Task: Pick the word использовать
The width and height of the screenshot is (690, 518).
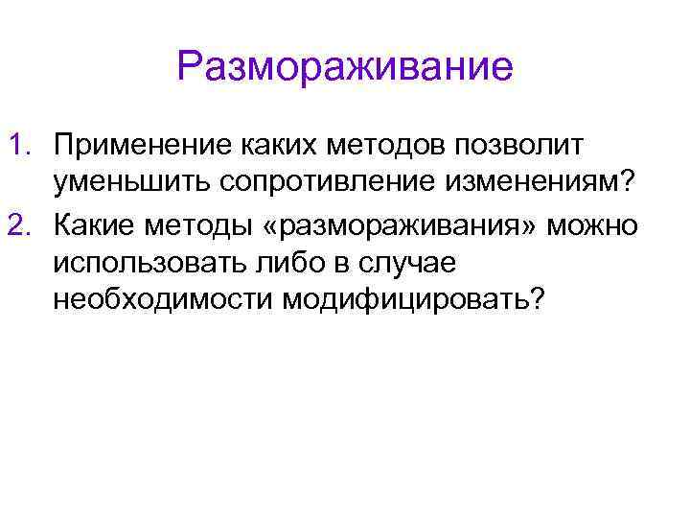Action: point(144,262)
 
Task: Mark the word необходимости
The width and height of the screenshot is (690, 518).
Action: point(163,301)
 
